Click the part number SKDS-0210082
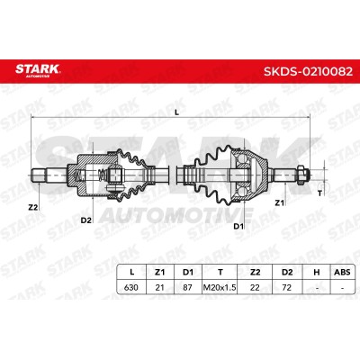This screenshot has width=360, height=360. (308, 71)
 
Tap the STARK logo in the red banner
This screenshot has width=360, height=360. (38, 70)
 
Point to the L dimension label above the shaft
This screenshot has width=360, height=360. (176, 112)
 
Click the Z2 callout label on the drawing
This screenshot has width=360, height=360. (33, 207)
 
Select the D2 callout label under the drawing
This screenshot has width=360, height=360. (85, 220)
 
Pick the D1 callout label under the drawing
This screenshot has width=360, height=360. (238, 227)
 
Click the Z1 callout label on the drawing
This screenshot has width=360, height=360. (279, 203)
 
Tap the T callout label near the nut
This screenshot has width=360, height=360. (319, 193)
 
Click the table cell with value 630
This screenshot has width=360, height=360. (131, 287)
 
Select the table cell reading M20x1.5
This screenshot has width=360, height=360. (220, 287)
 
